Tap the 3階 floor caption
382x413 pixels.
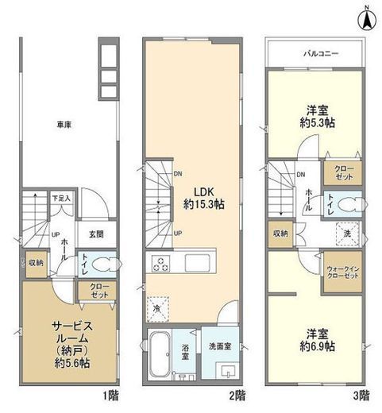pos(361,395)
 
